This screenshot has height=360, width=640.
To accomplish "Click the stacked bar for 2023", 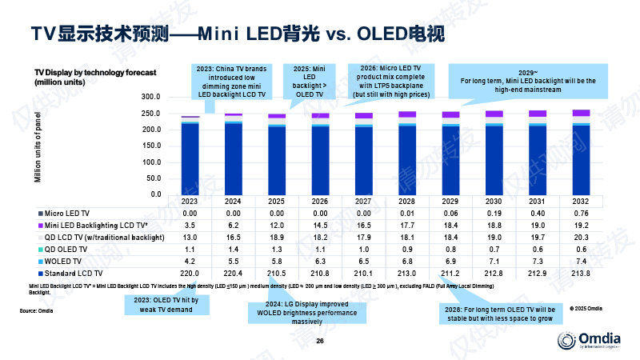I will point(190,156).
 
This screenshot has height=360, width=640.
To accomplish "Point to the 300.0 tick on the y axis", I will point(150,96).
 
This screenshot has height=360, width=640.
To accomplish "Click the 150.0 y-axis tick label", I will point(150,146).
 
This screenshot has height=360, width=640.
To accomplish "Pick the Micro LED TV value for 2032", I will point(581,214).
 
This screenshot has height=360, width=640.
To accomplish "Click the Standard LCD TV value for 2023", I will point(190,274).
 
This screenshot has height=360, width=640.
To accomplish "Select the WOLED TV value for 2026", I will point(320,262).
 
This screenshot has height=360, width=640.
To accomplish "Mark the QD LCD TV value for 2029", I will point(450,238).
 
